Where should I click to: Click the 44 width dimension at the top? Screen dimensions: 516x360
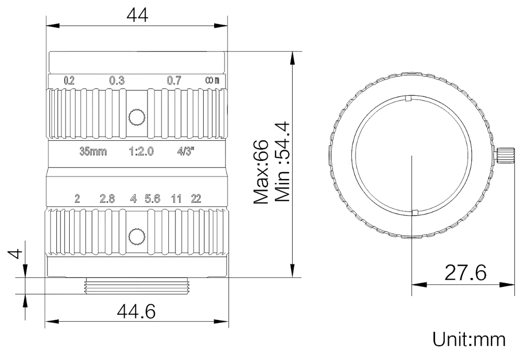pos(138,15)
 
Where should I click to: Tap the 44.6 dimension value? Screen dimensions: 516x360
pos(136,312)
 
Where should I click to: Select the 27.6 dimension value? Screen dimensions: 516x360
pos(465,272)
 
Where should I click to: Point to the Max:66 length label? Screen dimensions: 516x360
pos(261,172)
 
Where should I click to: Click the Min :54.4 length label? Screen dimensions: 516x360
pos(282,162)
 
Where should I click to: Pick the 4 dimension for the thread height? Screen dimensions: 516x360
pos(15,254)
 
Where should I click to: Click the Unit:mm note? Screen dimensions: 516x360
pos(469,339)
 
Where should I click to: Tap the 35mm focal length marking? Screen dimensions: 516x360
pos(93,151)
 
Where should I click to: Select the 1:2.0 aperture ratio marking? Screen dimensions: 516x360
pos(141,151)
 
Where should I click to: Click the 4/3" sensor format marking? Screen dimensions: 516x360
pos(186,151)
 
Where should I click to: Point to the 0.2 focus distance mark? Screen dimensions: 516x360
pos(69,80)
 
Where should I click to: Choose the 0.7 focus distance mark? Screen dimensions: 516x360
pos(174,80)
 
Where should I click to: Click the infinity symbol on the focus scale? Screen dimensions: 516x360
pos(209,80)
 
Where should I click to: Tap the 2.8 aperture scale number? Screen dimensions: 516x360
pos(107,199)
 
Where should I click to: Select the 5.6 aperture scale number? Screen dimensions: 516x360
pos(152,199)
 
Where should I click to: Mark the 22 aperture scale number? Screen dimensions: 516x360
pos(196,199)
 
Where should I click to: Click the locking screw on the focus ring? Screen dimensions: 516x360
pos(137,117)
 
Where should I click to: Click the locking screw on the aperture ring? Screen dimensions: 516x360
pos(137,236)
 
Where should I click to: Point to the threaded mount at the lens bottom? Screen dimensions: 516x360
pos(137,286)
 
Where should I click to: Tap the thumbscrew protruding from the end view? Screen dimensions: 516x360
pos(505,155)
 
